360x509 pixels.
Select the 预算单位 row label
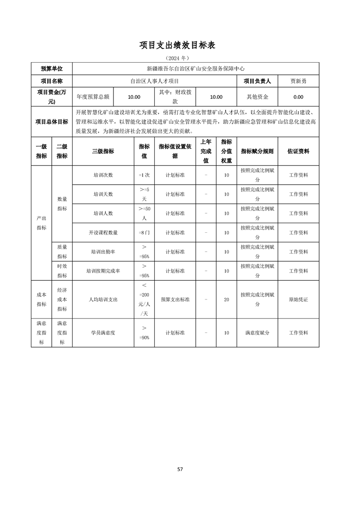51,69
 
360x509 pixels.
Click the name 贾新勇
298,81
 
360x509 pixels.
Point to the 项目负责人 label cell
257,81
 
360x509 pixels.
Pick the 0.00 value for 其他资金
298,97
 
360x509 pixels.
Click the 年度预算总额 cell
93,97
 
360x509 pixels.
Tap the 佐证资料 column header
298,151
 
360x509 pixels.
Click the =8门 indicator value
144,233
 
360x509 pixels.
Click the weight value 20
226,299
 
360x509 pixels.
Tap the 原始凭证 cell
298,299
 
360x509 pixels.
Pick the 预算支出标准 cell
175,299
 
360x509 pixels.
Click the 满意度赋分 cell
257,333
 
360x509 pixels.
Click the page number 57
180,469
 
